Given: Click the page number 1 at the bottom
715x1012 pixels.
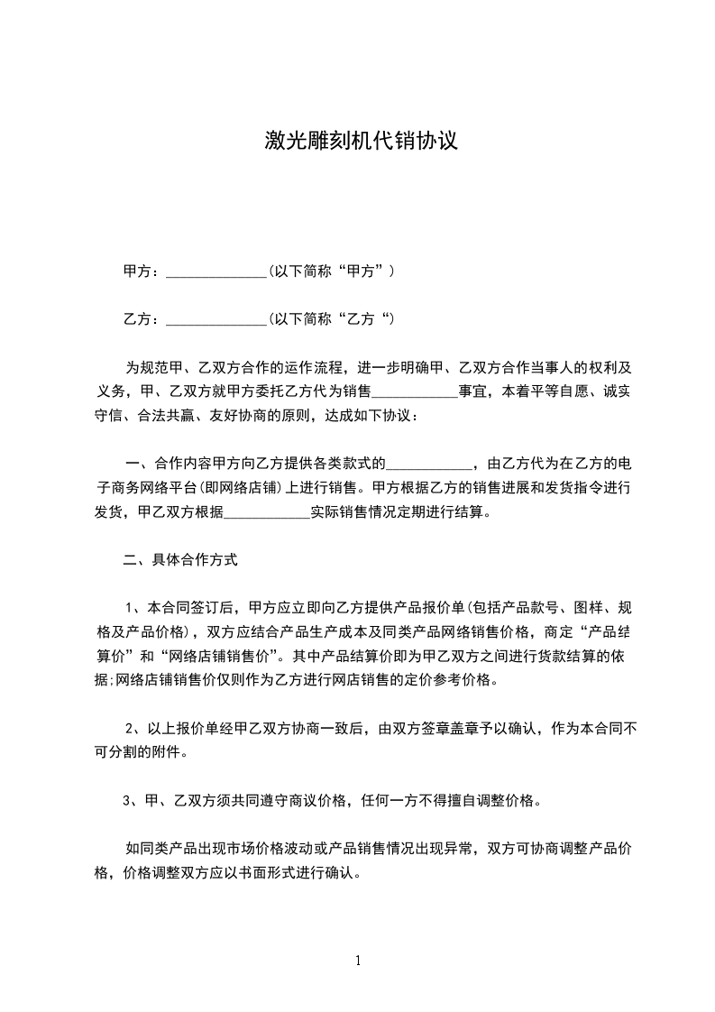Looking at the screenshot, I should click(x=358, y=961).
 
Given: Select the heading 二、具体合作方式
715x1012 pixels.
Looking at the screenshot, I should click(x=180, y=560).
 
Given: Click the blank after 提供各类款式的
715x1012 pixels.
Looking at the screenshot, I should click(x=429, y=465).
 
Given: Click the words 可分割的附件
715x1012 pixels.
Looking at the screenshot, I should click(x=149, y=752).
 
